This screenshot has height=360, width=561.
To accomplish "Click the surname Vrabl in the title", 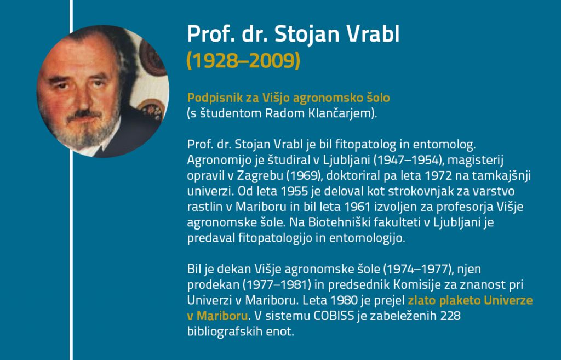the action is click(373, 34).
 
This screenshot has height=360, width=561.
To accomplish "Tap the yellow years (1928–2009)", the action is click(243, 60).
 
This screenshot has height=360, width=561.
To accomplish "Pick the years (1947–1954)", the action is click(406, 160).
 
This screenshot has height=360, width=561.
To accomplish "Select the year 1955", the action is click(294, 191).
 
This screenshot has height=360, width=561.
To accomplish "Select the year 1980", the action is click(344, 300).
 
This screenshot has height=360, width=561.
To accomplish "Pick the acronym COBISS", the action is click(334, 316).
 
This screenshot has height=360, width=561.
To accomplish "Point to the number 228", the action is click(450, 316).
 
